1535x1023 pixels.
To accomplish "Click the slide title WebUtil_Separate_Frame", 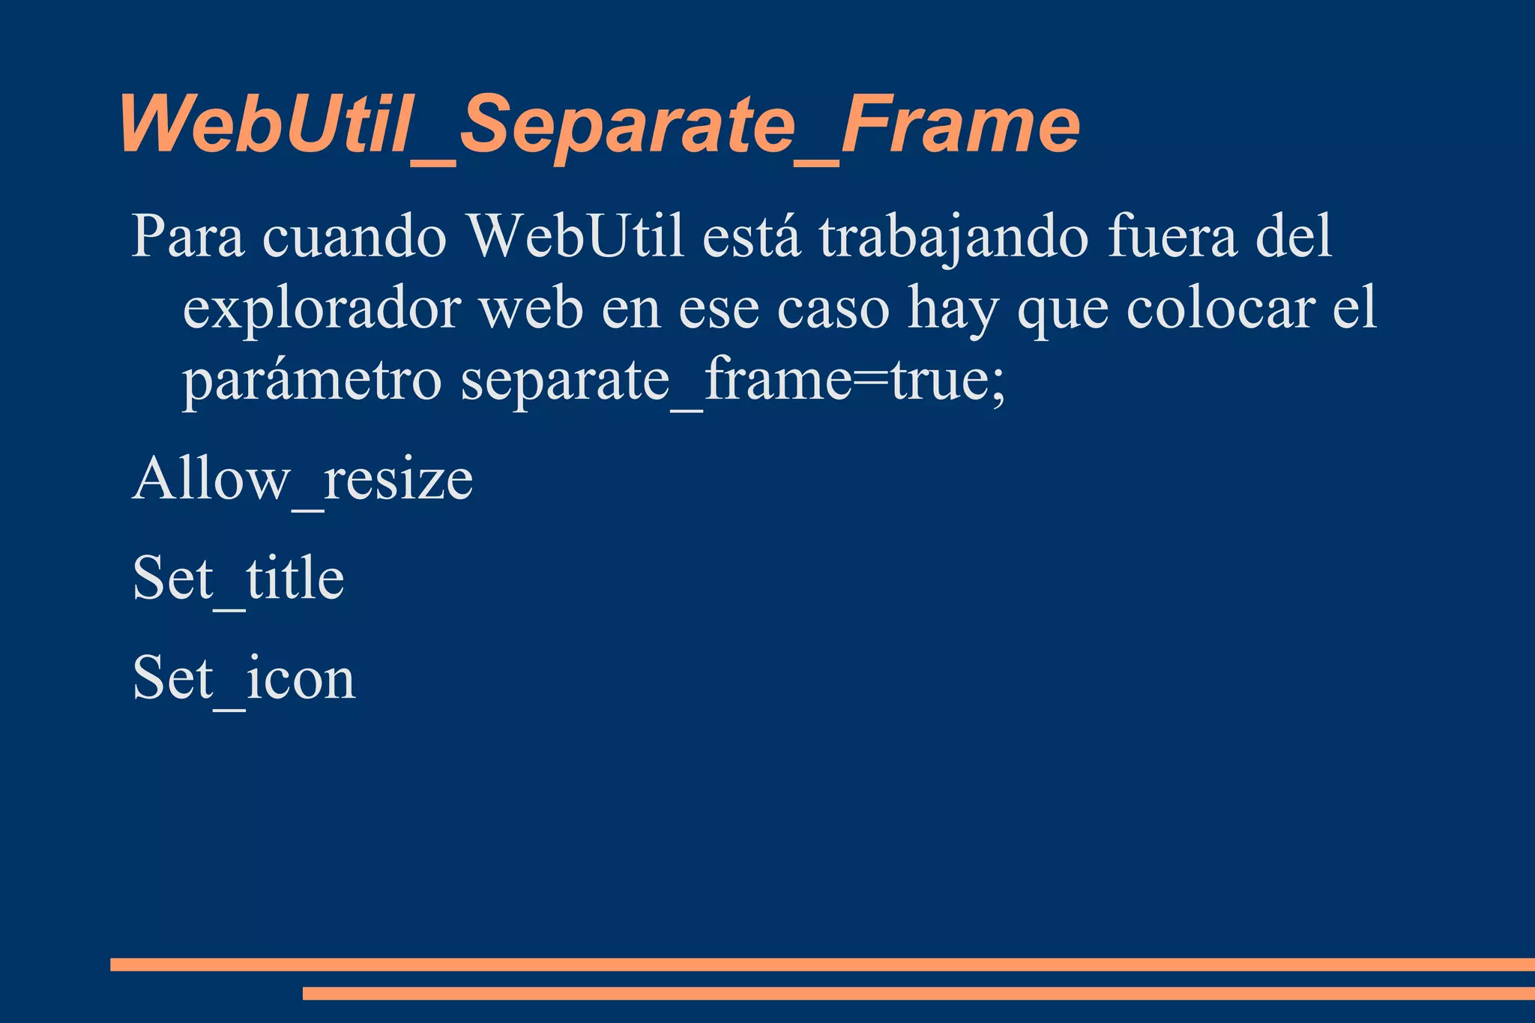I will [x=598, y=124].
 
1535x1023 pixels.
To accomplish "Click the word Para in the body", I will [x=187, y=237].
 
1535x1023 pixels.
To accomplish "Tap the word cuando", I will [x=355, y=237].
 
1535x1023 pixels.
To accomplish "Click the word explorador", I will [x=321, y=310].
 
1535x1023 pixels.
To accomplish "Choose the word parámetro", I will [x=312, y=382].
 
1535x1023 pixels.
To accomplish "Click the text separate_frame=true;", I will [x=732, y=382].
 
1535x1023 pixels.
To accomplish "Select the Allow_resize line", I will [x=303, y=480].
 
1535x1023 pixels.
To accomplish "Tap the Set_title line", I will [x=238, y=579].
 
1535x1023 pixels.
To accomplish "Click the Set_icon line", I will [x=244, y=678].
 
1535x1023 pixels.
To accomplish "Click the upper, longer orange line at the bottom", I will [x=822, y=965].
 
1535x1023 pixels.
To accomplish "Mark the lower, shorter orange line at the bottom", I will [x=918, y=993].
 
